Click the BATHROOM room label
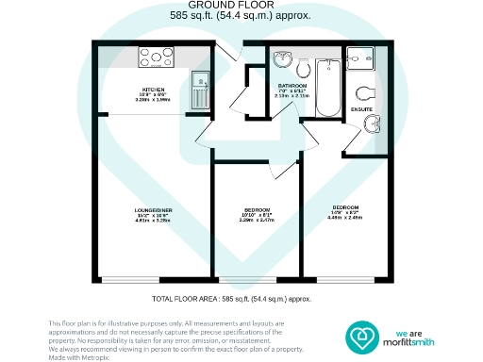[291, 85]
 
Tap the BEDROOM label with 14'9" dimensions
[344, 207]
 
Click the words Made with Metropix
[75, 356]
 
